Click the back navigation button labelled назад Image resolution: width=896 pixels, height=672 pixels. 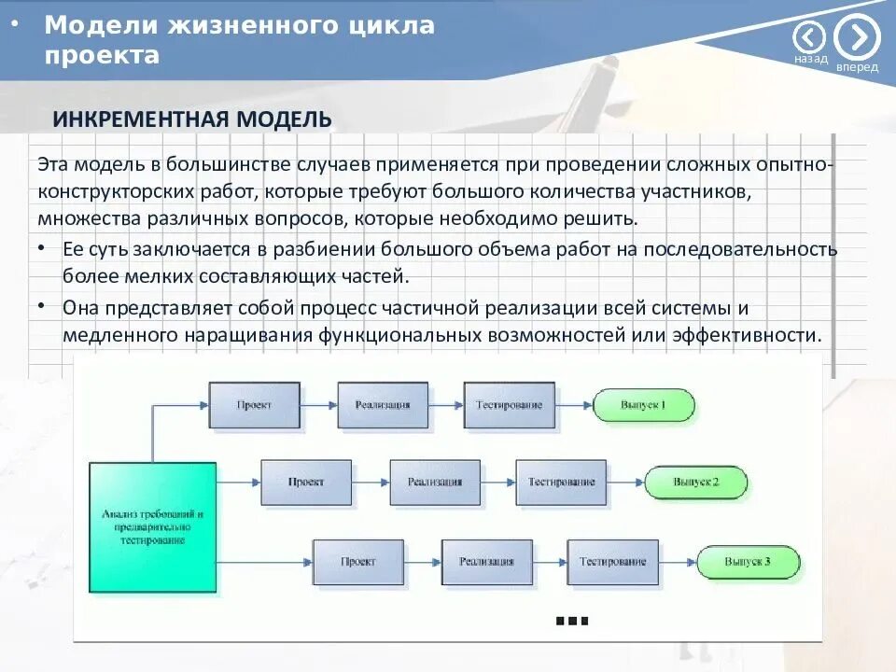click(x=810, y=37)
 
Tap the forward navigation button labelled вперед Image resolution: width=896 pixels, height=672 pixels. click(x=857, y=37)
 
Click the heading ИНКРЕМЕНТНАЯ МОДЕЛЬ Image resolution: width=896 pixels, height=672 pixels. click(x=192, y=119)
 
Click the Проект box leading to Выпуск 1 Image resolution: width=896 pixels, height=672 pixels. click(x=254, y=405)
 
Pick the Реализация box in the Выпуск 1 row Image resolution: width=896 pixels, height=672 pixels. click(x=383, y=405)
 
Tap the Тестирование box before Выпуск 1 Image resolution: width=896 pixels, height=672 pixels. click(x=509, y=405)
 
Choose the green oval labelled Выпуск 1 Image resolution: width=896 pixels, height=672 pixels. click(x=643, y=405)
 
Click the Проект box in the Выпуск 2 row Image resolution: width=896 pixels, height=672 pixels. click(x=306, y=483)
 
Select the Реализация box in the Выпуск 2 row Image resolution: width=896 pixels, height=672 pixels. click(x=435, y=483)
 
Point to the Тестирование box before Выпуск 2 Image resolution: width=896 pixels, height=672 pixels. click(x=561, y=483)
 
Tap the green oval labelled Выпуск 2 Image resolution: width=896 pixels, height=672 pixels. click(x=695, y=483)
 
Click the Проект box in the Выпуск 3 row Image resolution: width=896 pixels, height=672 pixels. click(x=358, y=562)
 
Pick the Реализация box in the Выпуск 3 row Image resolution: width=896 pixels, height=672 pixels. click(x=486, y=562)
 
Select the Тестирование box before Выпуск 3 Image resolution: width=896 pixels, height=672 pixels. click(x=612, y=562)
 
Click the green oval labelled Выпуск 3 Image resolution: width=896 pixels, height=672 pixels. click(x=748, y=562)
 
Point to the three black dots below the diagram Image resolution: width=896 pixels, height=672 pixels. click(x=571, y=621)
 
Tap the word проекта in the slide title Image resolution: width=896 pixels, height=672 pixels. click(x=102, y=55)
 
